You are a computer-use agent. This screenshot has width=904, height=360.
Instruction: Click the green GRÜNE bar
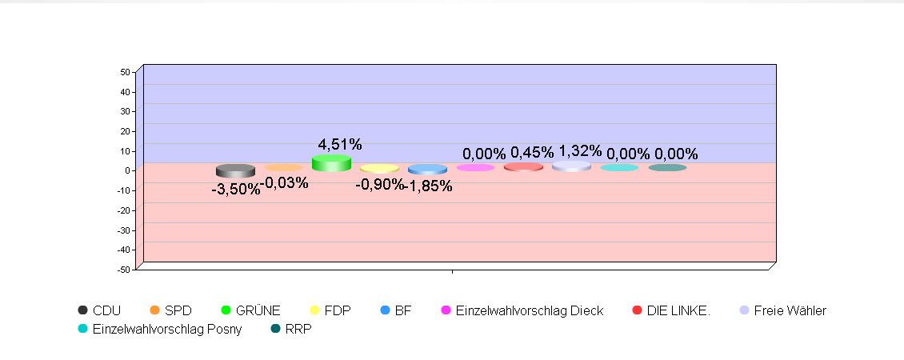coord(331,163)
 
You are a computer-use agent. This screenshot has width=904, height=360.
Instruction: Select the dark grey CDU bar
coord(235,170)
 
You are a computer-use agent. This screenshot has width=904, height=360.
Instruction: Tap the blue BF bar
coord(427,169)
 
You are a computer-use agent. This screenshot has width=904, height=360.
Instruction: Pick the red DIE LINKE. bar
coord(523,166)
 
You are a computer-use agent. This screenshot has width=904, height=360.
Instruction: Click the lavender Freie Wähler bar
coord(571,166)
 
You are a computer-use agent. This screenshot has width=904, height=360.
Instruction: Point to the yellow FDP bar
coord(379,168)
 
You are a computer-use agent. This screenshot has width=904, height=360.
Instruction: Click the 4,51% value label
coord(340,145)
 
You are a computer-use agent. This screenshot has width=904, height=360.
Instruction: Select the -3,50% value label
coord(235,190)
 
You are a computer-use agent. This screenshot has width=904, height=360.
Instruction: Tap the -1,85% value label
coord(429,186)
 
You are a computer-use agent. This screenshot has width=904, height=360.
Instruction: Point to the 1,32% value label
coord(580,151)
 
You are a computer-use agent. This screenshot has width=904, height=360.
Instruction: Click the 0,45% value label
coord(532,153)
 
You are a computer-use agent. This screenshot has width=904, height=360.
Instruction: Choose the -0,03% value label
coord(285,182)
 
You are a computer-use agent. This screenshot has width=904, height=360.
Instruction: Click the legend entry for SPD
coord(178,310)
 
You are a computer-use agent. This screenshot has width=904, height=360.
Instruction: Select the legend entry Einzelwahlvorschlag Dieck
coord(529,310)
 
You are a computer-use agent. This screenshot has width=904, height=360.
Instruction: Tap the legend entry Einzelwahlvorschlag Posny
coord(167,329)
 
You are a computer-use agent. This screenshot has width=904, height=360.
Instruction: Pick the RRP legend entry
coord(298,329)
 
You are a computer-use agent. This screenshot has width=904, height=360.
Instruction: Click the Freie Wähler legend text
coord(790,310)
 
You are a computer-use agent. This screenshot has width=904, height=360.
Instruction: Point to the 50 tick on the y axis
coord(125,72)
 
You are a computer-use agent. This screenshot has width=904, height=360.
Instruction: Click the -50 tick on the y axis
coord(123,270)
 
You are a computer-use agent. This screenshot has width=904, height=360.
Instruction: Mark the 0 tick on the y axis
coord(127,170)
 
